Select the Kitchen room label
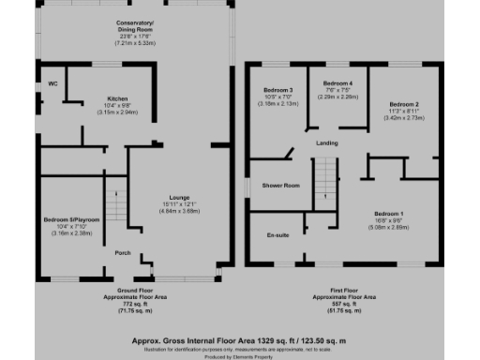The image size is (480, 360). (x=117, y=98)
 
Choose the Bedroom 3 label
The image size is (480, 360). (x=278, y=89)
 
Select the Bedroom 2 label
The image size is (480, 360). (x=404, y=104)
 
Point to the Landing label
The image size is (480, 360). (x=327, y=142)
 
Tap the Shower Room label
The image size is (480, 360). (x=280, y=186)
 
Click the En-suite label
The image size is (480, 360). (x=277, y=234)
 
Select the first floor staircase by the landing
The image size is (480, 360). (x=323, y=178)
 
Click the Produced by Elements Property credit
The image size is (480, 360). (x=240, y=354)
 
